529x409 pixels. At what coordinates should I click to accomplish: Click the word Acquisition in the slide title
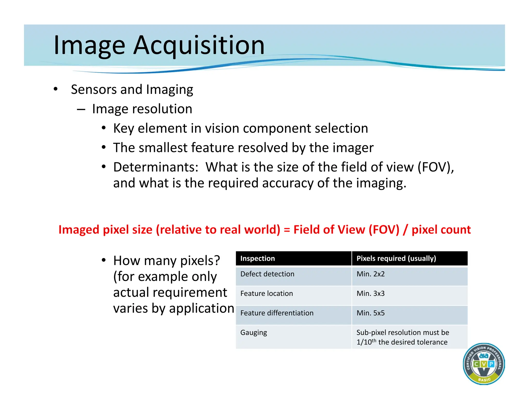pos(199,45)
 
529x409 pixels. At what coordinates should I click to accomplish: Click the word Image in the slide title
pos(89,45)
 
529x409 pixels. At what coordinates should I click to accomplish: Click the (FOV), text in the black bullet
pos(436,167)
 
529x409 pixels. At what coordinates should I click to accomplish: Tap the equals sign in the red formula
pos(287,230)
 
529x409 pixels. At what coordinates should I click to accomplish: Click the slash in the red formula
pos(405,230)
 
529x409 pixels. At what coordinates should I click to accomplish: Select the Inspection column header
pos(258,259)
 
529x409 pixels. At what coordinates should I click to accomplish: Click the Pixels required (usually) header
pos(396,259)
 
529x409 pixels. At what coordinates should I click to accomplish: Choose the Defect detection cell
pos(267,274)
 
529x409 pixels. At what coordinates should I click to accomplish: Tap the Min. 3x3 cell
pos(370,294)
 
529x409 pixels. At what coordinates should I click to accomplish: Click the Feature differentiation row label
pos(277,313)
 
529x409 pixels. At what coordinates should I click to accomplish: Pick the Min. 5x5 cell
pos(370,313)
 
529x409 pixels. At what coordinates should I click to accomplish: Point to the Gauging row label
pos(253,333)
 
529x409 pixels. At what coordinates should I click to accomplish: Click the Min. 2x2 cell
pos(370,274)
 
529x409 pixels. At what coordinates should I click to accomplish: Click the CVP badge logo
pos(484,364)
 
